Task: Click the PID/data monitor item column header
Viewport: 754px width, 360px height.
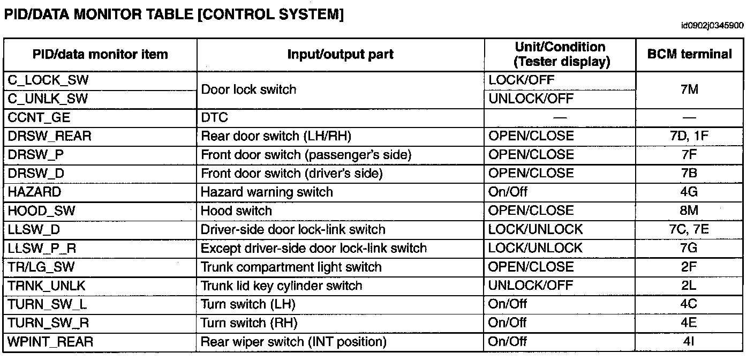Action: pos(100,54)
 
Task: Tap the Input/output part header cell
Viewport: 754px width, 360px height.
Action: pos(340,54)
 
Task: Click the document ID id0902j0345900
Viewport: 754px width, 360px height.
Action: pos(712,25)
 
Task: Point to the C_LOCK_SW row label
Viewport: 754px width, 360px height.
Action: pos(49,80)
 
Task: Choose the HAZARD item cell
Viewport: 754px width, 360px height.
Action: pos(35,192)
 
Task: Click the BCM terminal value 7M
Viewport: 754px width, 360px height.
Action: pos(689,89)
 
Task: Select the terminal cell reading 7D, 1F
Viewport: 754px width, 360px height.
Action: pos(689,136)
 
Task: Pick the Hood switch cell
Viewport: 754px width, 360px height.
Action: pos(236,211)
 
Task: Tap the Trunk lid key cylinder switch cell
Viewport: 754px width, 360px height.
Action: pos(281,286)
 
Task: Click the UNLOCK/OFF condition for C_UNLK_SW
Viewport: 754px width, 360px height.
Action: pos(531,99)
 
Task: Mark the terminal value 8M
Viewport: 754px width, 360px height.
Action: pos(689,211)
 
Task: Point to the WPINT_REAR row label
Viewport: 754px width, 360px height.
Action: pos(50,342)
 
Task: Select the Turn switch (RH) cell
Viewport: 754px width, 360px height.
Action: pos(248,323)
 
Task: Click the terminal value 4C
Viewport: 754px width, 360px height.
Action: pos(689,304)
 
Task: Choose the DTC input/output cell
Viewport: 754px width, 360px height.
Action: pos(214,117)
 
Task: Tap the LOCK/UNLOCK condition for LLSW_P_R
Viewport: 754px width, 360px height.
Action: pos(535,248)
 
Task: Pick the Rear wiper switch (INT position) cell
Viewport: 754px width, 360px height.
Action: pos(293,342)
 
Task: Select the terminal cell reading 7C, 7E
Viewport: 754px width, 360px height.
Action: pos(689,230)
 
